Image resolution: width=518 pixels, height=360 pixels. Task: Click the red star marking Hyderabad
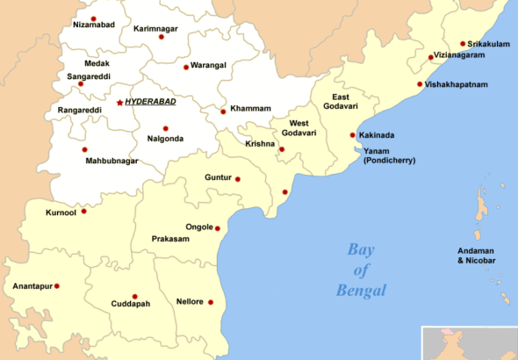[x=119, y=103]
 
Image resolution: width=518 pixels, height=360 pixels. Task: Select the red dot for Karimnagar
[x=161, y=37]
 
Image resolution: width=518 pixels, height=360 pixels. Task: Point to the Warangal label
[x=209, y=66]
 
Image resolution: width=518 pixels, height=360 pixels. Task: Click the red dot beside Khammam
[x=223, y=112]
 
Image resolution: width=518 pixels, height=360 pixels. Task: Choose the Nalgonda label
[x=165, y=139]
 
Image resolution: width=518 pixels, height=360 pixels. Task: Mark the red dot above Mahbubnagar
[x=85, y=149]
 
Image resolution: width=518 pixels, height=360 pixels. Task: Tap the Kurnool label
[x=61, y=212]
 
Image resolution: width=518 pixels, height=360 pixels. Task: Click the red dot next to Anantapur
[x=57, y=285]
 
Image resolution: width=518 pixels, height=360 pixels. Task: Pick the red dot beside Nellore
[x=211, y=302]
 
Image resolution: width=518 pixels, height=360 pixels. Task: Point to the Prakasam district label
[x=169, y=238]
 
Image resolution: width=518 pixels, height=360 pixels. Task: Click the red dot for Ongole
[x=218, y=228]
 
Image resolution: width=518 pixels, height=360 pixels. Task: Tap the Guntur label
[x=218, y=177]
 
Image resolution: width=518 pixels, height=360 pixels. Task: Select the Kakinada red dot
[x=353, y=135]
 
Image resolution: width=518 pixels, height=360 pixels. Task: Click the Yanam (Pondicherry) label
[x=390, y=155]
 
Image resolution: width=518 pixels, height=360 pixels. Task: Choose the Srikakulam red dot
[x=463, y=43]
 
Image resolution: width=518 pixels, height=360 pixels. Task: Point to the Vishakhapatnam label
[x=457, y=84]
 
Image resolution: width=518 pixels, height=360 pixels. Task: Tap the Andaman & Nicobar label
[x=477, y=256]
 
